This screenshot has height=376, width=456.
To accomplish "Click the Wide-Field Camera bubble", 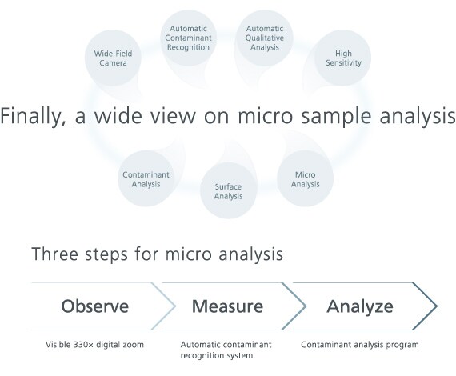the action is [x=113, y=58].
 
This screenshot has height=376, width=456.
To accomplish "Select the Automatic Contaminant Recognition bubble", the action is [x=188, y=38].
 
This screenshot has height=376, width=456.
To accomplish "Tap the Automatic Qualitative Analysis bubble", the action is [x=264, y=38].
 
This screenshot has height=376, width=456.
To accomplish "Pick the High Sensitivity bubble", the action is [x=343, y=58].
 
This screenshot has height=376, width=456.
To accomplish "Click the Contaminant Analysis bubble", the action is [x=146, y=178].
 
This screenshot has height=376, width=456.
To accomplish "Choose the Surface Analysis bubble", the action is [x=228, y=190].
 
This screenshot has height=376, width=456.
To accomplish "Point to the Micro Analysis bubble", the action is [x=305, y=178].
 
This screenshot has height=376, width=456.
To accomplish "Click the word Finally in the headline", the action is [x=33, y=117].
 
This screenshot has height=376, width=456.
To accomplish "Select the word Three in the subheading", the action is [x=55, y=254].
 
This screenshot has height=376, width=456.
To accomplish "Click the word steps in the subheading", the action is [x=106, y=254].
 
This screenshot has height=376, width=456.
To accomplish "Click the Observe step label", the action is [x=95, y=306].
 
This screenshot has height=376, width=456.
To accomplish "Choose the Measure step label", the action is [x=227, y=306].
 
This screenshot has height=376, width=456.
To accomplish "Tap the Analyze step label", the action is [x=360, y=307].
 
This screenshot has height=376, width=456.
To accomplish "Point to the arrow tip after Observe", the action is [x=175, y=306].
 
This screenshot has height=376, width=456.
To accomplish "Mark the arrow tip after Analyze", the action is [x=437, y=306].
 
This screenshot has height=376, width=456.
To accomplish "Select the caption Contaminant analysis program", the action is [x=360, y=345].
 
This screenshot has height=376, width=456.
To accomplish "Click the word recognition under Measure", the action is [x=202, y=356].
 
